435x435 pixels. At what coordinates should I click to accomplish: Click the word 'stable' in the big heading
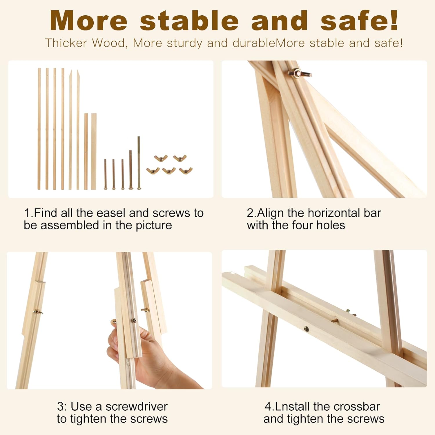click(189, 21)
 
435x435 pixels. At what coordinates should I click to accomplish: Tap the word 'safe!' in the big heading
click(360, 21)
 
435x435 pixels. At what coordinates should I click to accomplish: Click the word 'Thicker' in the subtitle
click(66, 43)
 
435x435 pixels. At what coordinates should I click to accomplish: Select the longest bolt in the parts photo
click(139, 162)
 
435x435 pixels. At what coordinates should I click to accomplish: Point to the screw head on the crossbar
click(306, 329)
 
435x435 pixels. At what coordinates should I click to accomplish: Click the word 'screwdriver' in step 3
click(137, 407)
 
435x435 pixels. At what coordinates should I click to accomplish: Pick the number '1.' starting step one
click(28, 213)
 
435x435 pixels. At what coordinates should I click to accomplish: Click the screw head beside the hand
click(134, 320)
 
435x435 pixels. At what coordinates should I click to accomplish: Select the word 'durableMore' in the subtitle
click(269, 43)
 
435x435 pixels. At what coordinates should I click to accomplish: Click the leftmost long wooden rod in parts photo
click(39, 129)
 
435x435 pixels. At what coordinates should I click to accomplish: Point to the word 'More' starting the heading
click(88, 21)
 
